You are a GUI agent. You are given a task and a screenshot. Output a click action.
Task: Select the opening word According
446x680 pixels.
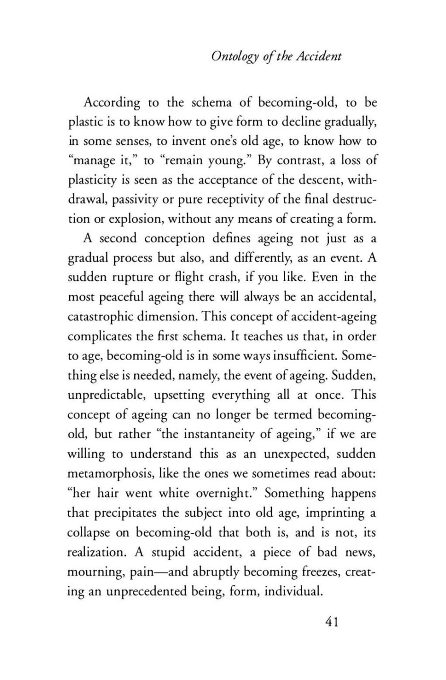click(x=112, y=103)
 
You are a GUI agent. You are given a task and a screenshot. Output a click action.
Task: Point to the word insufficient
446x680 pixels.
click(x=304, y=356)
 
